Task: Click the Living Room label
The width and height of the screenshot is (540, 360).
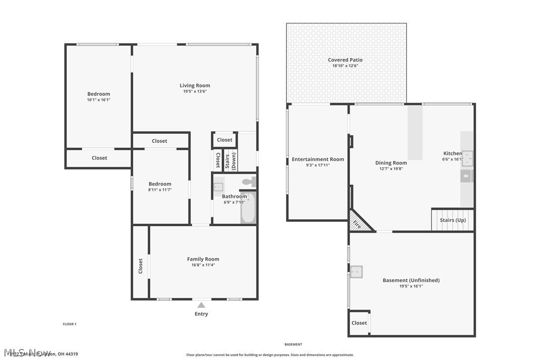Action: pyautogui.click(x=195, y=86)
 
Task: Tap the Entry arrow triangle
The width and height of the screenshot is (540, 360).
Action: pyautogui.click(x=201, y=305)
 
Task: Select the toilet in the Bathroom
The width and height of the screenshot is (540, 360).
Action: pyautogui.click(x=249, y=182)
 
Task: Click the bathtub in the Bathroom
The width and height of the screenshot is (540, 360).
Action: pyautogui.click(x=248, y=209)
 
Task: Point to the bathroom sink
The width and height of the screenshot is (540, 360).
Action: pyautogui.click(x=218, y=187)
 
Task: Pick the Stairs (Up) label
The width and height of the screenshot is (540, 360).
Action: pyautogui.click(x=453, y=220)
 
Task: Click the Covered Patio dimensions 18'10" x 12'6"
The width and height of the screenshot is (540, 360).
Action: pyautogui.click(x=345, y=66)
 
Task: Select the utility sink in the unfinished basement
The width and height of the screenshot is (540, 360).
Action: pyautogui.click(x=356, y=272)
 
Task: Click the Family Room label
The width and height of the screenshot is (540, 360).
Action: pyautogui.click(x=203, y=259)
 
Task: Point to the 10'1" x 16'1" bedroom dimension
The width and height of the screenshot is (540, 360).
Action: pyautogui.click(x=98, y=99)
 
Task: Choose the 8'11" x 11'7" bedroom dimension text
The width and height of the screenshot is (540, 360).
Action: pyautogui.click(x=160, y=189)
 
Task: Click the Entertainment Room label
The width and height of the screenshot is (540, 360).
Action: pyautogui.click(x=318, y=159)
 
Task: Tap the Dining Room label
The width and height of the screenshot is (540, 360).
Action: pyautogui.click(x=391, y=163)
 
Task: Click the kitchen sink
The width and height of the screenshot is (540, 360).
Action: pyautogui.click(x=467, y=158)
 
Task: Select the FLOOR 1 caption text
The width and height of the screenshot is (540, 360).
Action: pyautogui.click(x=69, y=324)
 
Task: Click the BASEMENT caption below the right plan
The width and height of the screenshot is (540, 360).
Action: pyautogui.click(x=293, y=344)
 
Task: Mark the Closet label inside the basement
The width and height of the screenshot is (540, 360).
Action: pyautogui.click(x=359, y=323)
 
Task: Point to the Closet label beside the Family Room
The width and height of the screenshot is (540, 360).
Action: pyautogui.click(x=141, y=266)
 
